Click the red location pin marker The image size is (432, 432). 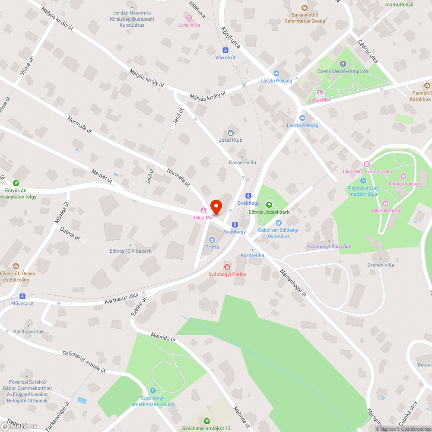[215, 206]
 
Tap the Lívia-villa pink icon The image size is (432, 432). [189, 18]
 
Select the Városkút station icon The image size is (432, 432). [226, 50]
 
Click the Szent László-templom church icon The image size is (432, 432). [343, 64]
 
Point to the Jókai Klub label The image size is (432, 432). [231, 140]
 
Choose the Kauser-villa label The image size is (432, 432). [242, 162]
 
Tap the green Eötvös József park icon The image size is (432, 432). [270, 204]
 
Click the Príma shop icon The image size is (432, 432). [212, 239]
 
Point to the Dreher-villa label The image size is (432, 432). [381, 265]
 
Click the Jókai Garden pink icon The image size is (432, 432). [385, 203]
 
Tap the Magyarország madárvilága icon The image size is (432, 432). [363, 181]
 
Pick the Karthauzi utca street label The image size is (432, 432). [121, 298]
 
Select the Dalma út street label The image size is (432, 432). [70, 233]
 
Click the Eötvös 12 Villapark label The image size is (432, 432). [130, 251]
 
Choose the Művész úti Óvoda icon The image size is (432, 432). [16, 266]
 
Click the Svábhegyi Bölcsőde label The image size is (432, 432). [329, 247]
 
